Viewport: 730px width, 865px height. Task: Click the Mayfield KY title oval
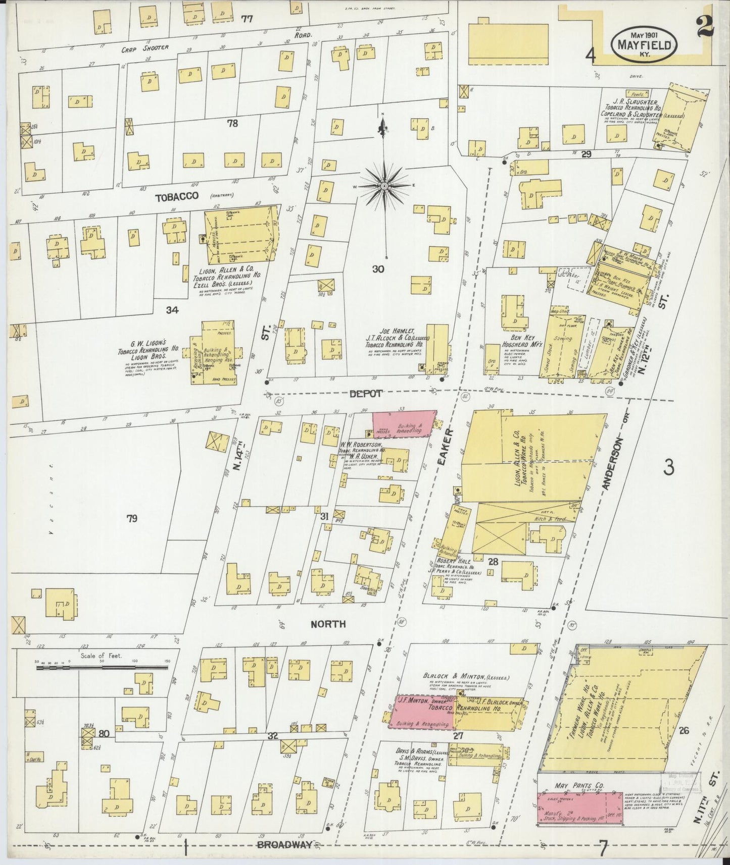pos(644,45)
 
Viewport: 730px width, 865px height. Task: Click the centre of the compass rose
pos(384,186)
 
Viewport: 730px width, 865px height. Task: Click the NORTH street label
pos(328,624)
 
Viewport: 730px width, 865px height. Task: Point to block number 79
pos(132,518)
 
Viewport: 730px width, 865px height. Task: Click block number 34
pos(172,310)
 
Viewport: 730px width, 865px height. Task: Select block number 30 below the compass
pos(377,269)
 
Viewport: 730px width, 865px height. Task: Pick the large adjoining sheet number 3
pos(669,467)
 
